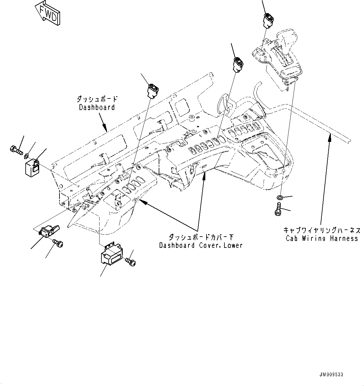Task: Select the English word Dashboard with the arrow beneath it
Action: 97,107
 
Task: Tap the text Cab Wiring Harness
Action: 321,238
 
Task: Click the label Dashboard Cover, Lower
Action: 201,245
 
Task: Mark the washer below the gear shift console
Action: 280,197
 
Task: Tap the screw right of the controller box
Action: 131,261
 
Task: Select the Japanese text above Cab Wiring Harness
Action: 321,230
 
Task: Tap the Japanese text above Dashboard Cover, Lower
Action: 201,237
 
